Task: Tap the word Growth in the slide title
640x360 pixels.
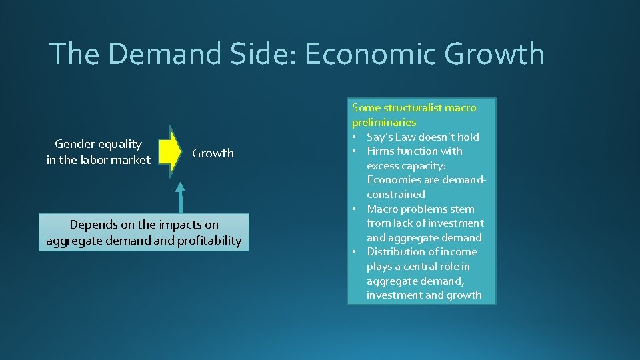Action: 495,54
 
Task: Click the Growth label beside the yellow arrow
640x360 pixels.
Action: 213,153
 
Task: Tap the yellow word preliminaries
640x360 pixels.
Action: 384,122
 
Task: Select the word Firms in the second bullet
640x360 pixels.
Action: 381,151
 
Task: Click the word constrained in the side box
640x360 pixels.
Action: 395,195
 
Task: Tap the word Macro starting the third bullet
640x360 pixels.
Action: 383,209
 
